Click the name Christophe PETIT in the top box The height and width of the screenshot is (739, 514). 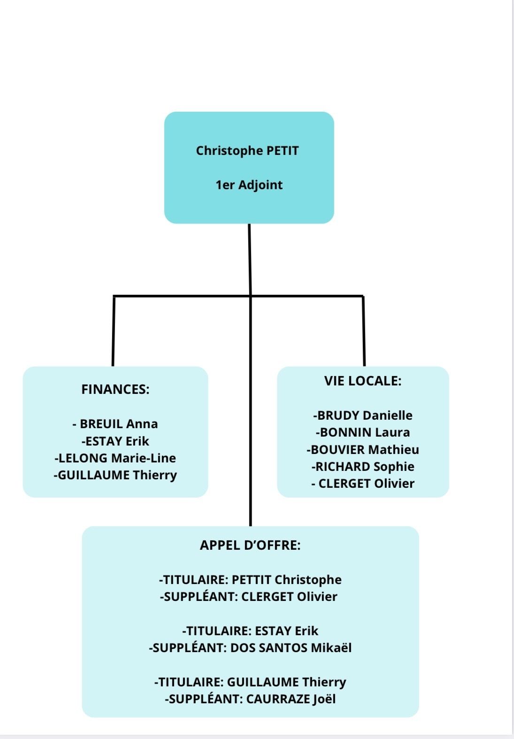[x=247, y=151]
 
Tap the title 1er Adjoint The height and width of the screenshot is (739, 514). [x=249, y=185]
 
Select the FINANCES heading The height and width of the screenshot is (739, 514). [x=115, y=389]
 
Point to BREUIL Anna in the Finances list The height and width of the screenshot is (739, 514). [x=115, y=424]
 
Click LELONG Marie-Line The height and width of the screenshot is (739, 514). [x=115, y=458]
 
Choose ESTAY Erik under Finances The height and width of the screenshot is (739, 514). [x=115, y=441]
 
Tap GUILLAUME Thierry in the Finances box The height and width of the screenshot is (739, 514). [x=115, y=475]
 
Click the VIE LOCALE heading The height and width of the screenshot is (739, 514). [x=363, y=381]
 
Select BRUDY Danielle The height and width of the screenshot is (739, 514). [x=363, y=416]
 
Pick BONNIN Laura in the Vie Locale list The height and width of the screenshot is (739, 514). [x=363, y=432]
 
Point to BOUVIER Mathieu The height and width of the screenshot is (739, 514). [x=363, y=450]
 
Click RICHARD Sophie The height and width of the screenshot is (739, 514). [x=363, y=467]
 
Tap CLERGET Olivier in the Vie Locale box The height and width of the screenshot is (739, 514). [x=363, y=484]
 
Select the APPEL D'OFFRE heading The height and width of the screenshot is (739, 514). [x=250, y=545]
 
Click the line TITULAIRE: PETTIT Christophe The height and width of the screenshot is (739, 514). [x=250, y=580]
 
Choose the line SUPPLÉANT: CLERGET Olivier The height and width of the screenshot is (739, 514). [x=249, y=597]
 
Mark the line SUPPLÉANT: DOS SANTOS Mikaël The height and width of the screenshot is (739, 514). [x=250, y=648]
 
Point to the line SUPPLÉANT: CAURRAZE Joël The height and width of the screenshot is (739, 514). [x=250, y=699]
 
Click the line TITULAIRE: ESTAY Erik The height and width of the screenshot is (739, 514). [x=250, y=631]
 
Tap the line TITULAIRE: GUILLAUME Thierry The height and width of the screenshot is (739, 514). [x=250, y=682]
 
